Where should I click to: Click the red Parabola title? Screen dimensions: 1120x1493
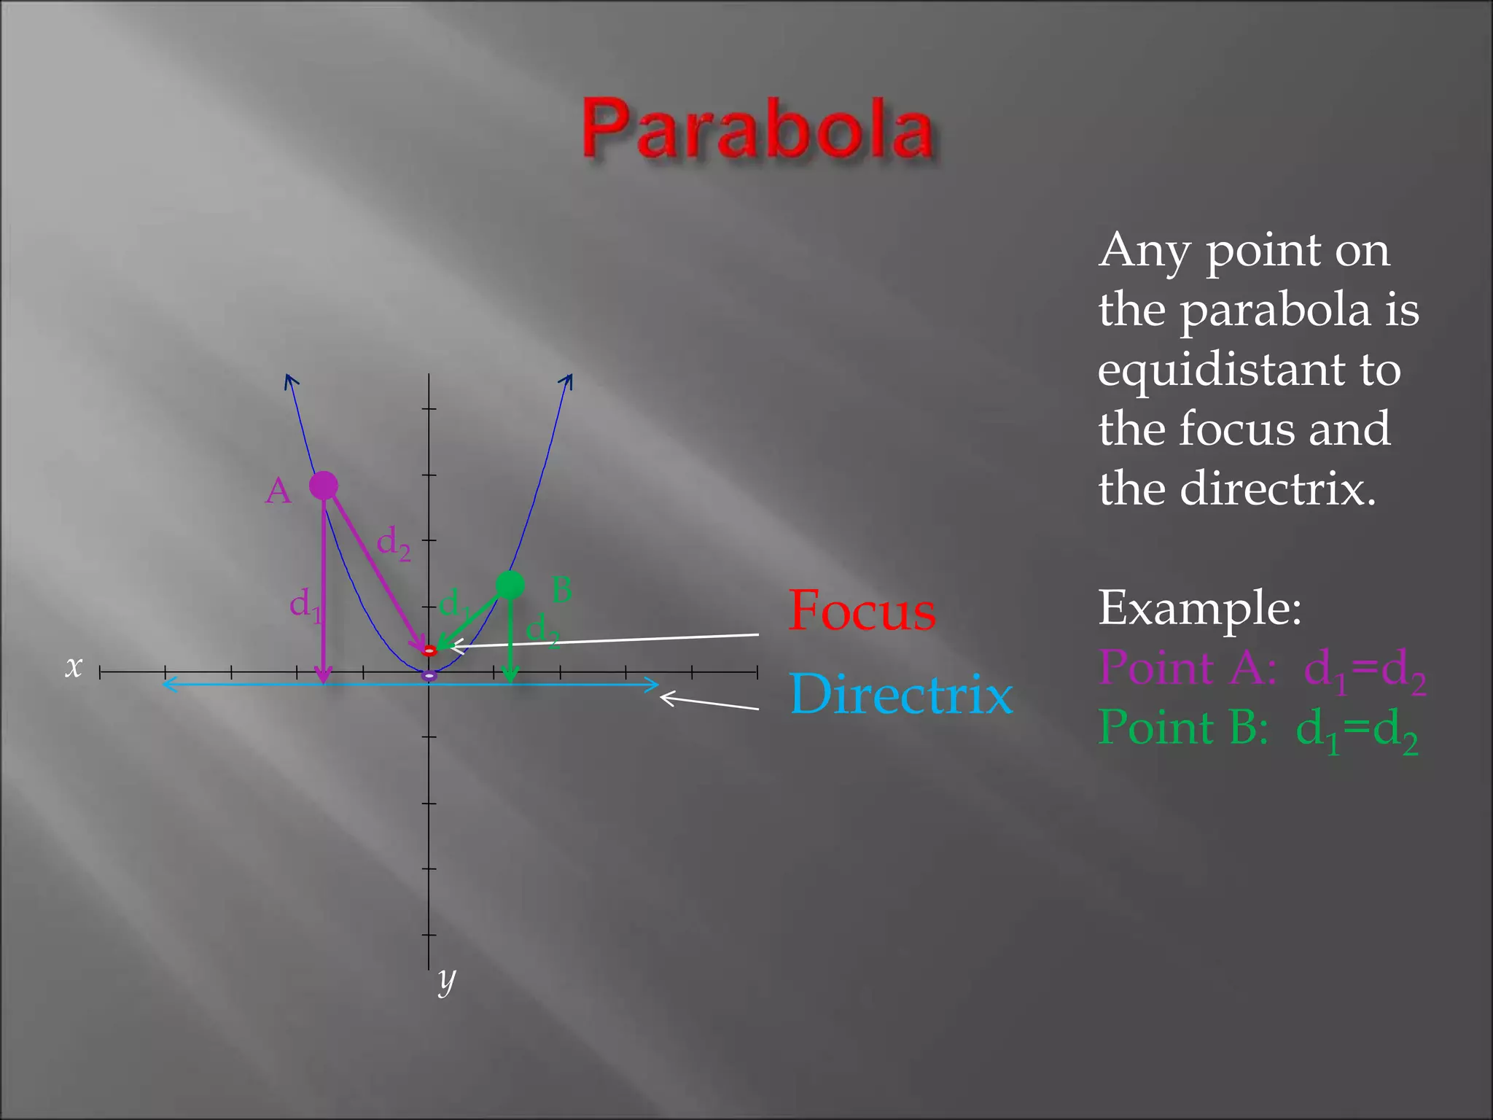tap(757, 129)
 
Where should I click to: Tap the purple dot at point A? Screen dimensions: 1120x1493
tap(324, 485)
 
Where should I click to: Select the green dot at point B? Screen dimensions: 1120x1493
tap(510, 584)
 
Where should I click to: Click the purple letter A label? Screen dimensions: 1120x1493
tap(278, 491)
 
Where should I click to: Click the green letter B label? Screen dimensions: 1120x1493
tap(561, 589)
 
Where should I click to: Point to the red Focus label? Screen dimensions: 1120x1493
tap(862, 611)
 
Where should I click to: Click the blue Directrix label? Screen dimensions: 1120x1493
tap(901, 693)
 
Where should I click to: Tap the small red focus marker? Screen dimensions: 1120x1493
tap(429, 650)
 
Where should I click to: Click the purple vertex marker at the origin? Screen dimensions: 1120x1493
tap(429, 676)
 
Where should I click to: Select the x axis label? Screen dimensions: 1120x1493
tap(74, 666)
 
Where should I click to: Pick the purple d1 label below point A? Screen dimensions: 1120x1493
tap(305, 606)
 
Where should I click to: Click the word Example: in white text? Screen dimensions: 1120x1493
tap(1200, 608)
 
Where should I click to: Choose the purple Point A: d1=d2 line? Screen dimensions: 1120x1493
tap(1262, 669)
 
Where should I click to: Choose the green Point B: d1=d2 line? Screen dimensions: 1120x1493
tap(1258, 729)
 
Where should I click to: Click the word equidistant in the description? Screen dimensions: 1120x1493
tap(1250, 370)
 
